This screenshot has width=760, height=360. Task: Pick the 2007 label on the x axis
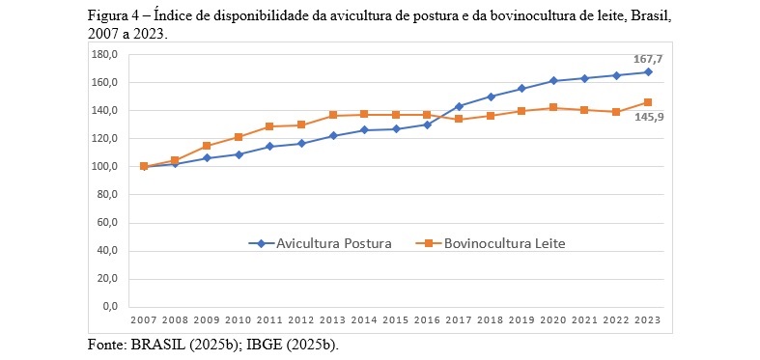(144, 319)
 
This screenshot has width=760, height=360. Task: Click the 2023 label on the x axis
(648, 319)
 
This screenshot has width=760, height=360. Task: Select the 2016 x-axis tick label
(428, 319)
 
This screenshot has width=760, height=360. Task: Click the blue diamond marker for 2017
(459, 106)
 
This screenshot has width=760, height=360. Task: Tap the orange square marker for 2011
(269, 126)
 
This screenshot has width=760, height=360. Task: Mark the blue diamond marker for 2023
(648, 71)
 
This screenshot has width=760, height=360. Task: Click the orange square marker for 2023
(648, 102)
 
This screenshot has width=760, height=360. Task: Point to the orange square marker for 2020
(553, 107)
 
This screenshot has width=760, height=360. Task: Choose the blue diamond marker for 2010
(239, 154)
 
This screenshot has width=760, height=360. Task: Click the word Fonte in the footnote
(105, 345)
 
